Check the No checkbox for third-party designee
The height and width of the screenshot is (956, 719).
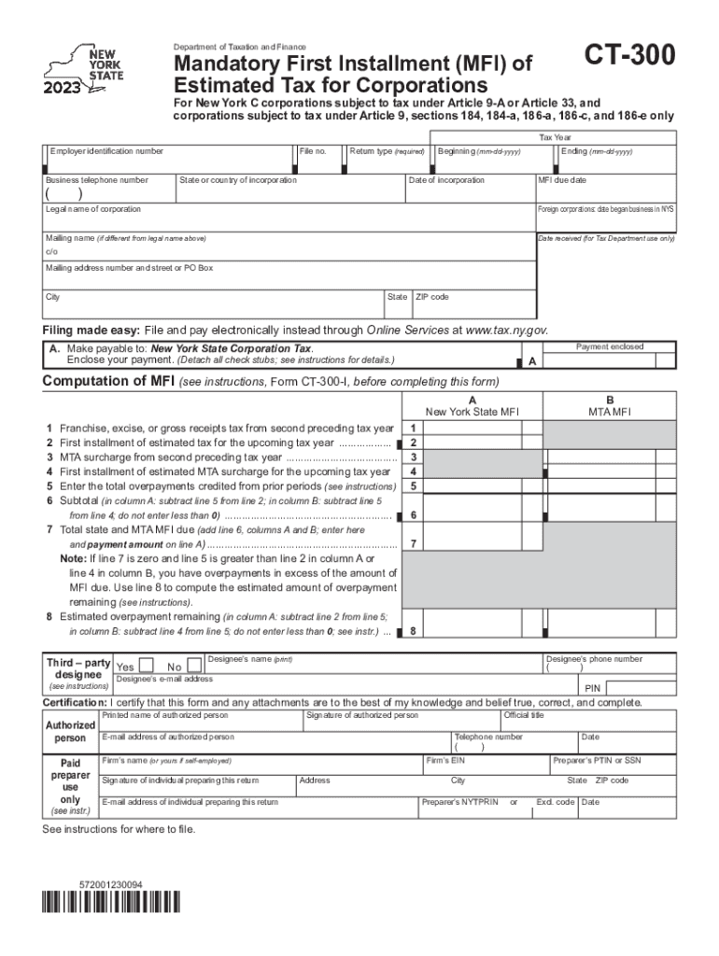click(193, 666)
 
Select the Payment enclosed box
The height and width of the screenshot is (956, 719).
click(610, 358)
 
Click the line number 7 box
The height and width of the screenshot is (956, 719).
click(413, 543)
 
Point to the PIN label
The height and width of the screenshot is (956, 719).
click(590, 688)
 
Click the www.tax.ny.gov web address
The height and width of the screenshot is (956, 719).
click(505, 330)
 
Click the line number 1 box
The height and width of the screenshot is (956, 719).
click(413, 429)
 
